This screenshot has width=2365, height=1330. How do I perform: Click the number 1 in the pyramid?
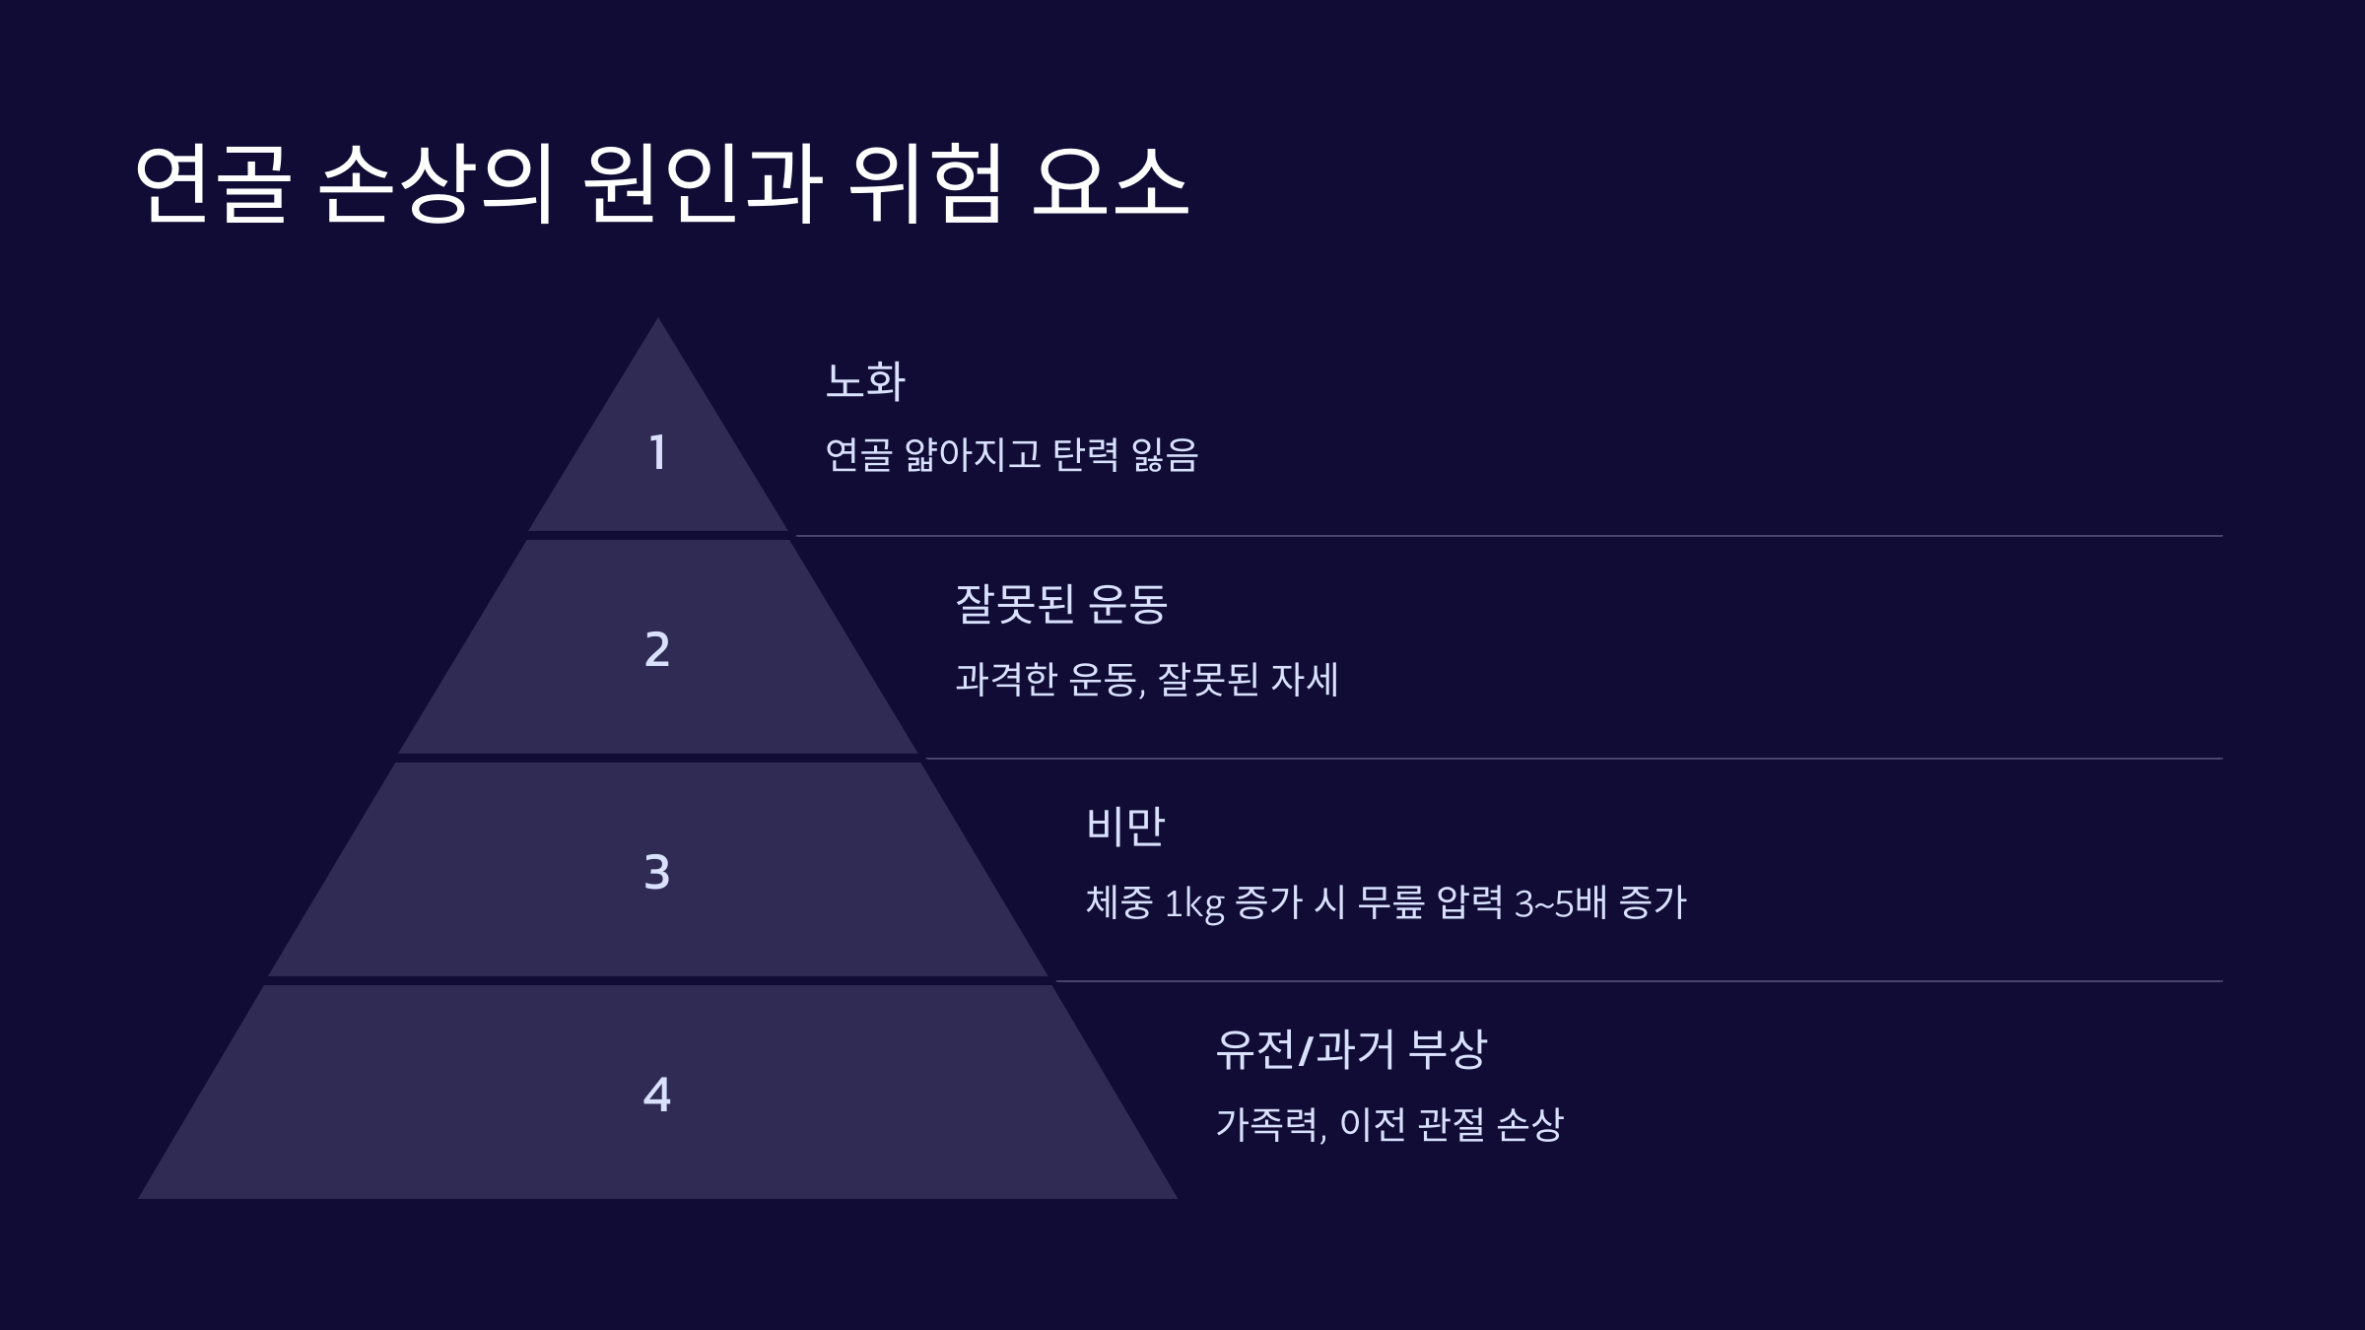[657, 453]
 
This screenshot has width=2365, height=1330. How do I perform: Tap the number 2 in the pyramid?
[657, 650]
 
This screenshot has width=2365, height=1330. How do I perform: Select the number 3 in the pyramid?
[657, 873]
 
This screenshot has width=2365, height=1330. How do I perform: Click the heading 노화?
[864, 381]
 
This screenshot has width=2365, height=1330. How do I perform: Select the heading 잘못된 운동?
[1060, 604]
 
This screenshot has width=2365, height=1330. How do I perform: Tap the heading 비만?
[1125, 827]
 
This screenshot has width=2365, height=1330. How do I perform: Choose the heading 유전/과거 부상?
[1350, 1049]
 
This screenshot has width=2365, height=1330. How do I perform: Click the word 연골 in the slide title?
[213, 183]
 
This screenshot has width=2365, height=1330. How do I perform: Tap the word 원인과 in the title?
[702, 183]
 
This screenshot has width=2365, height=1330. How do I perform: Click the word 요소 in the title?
[1110, 183]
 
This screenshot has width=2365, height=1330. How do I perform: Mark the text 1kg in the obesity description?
[1193, 903]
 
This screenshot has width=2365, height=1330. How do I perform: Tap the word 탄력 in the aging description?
[1086, 455]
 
